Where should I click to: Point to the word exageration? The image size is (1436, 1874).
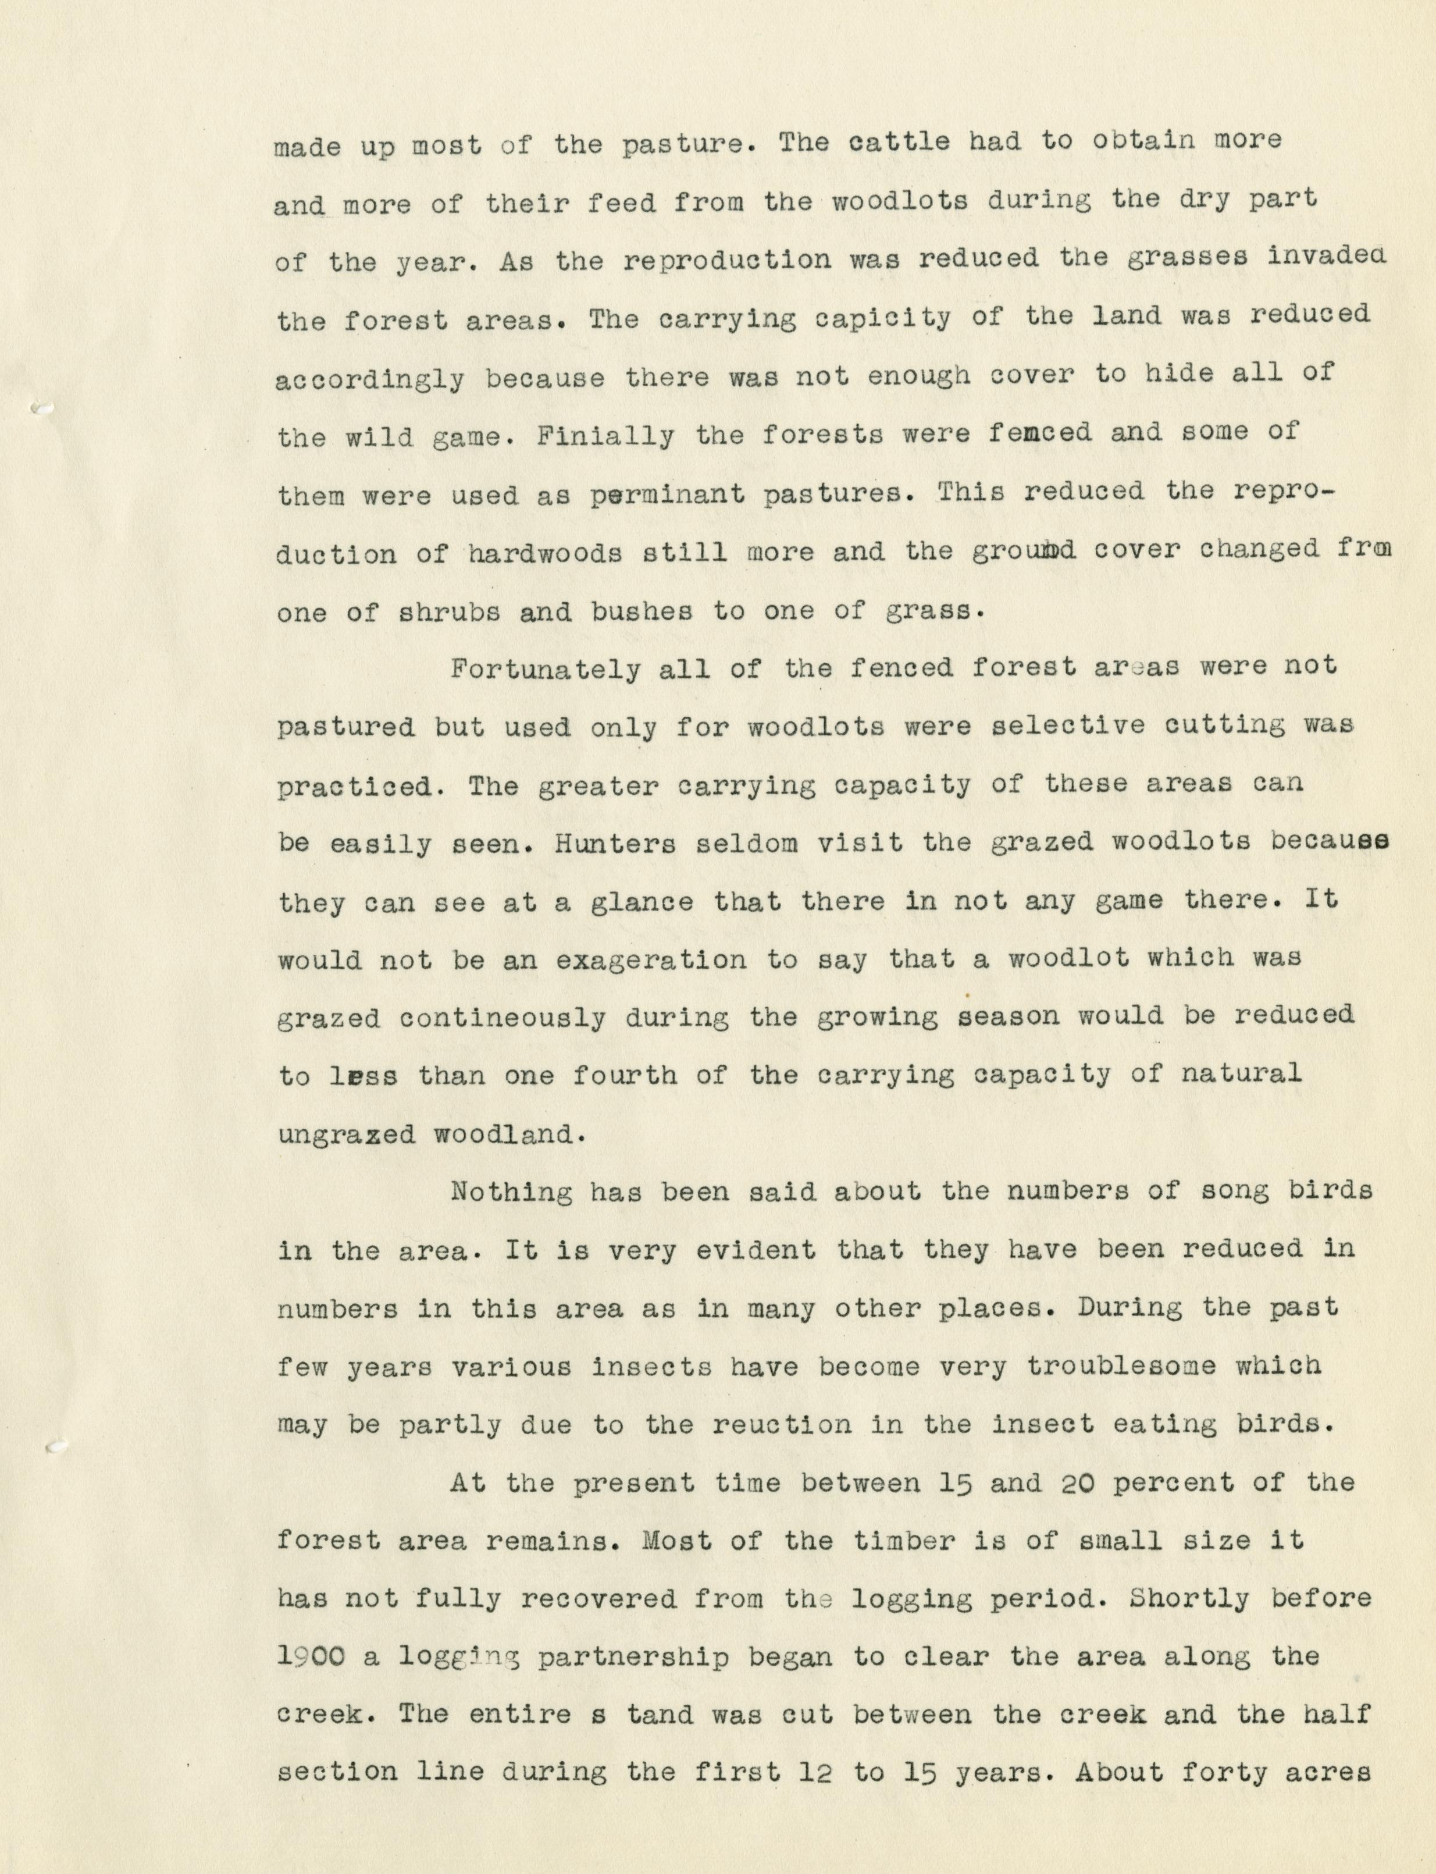650,959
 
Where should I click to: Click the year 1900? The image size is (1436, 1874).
311,1657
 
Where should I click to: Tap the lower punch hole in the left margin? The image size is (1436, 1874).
55,1448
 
